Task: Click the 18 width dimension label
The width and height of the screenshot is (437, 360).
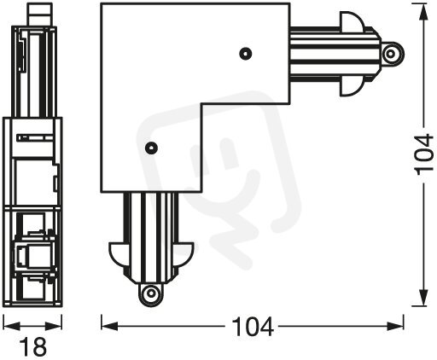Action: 32,346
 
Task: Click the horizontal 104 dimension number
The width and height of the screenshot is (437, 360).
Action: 253,327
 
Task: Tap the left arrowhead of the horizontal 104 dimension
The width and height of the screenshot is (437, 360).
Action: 109,326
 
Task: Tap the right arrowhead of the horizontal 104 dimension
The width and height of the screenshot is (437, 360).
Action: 395,326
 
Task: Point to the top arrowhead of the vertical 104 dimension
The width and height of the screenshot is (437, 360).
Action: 424,12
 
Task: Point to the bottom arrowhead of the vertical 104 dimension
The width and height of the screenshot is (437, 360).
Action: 424,298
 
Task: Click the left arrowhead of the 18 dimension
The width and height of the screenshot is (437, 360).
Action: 11,326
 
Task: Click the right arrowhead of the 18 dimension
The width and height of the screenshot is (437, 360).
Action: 54,326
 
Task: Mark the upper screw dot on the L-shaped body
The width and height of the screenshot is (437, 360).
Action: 246,54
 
